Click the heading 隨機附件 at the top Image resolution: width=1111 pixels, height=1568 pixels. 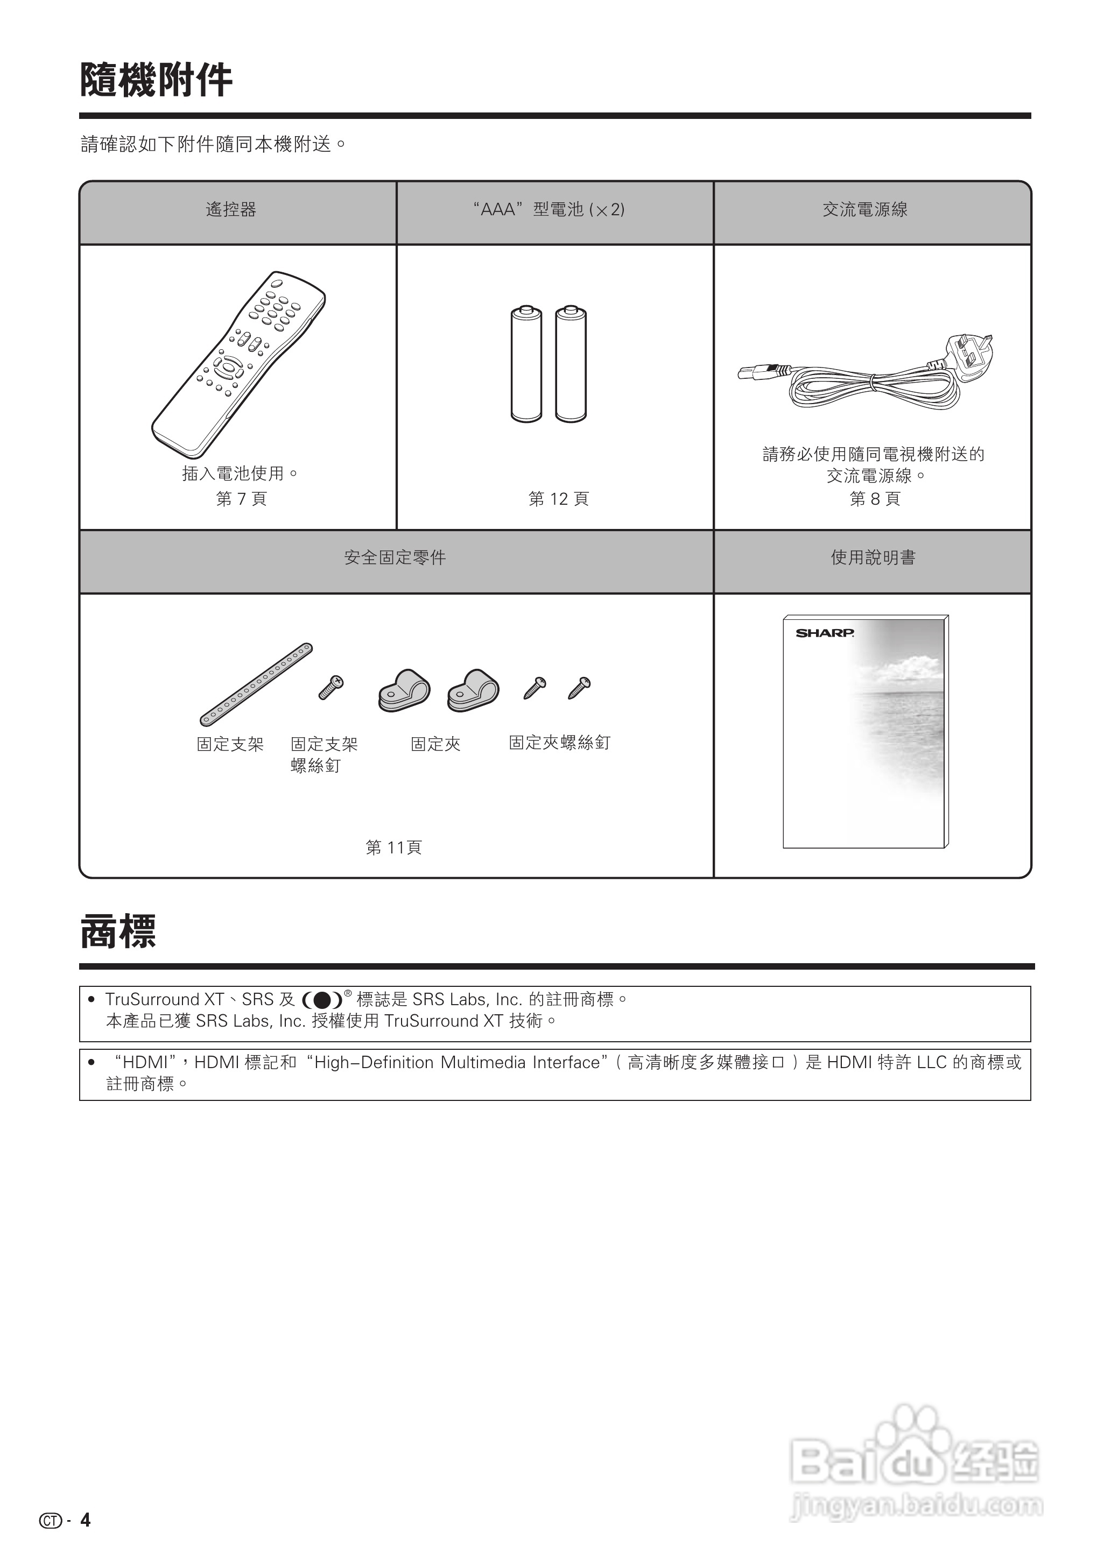[156, 80]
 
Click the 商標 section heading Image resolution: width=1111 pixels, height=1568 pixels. [118, 931]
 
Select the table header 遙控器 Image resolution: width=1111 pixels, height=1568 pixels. [231, 210]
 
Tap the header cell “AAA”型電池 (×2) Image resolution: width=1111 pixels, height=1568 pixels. [549, 210]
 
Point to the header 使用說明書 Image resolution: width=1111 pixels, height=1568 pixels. [873, 558]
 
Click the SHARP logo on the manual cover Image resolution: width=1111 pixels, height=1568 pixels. [824, 633]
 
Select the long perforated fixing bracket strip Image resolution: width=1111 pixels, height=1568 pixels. [257, 684]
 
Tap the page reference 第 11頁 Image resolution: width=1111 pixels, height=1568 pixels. [394, 848]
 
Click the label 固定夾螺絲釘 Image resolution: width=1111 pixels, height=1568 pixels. [559, 743]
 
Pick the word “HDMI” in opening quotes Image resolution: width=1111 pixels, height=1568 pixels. [146, 1063]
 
